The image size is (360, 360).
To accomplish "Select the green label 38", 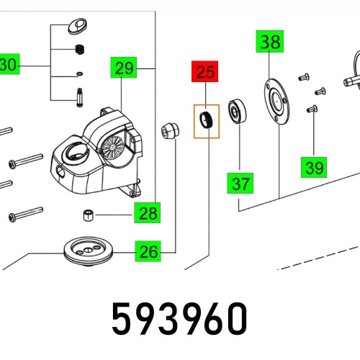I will [271, 42].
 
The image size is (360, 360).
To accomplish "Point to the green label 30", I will [8, 66].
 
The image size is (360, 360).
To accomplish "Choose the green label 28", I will [147, 213].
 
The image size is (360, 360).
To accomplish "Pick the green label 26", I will [147, 252].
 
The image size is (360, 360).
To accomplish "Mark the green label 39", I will [313, 168].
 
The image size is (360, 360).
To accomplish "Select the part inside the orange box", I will [206, 120].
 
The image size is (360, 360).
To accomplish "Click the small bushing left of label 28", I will [86, 214].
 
